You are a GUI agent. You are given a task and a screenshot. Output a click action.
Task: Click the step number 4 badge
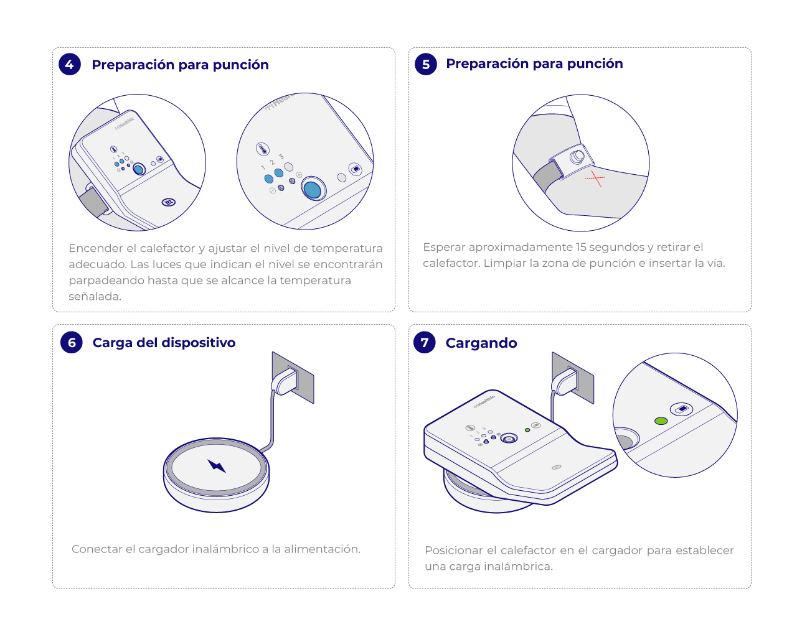(x=70, y=65)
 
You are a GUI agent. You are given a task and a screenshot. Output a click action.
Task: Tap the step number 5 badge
(x=425, y=65)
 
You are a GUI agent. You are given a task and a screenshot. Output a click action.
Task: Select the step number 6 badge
(x=72, y=342)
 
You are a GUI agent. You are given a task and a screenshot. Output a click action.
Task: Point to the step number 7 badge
(x=425, y=342)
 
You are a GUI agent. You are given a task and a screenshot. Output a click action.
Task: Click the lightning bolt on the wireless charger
(x=217, y=466)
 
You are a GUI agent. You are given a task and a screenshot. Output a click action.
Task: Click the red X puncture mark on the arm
(x=595, y=179)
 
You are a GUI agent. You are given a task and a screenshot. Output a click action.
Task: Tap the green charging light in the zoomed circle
(x=661, y=421)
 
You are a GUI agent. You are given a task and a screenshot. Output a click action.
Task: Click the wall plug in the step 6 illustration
(x=285, y=381)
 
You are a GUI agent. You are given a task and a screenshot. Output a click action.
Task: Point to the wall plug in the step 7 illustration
(x=565, y=382)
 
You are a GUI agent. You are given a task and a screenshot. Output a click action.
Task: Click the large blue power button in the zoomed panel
(x=313, y=188)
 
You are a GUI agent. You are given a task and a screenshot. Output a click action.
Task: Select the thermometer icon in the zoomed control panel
(x=263, y=149)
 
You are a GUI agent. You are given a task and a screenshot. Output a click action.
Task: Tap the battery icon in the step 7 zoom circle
(x=681, y=409)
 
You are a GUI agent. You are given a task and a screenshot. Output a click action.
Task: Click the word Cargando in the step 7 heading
(x=481, y=343)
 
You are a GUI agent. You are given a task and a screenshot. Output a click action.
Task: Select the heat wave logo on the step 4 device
(x=169, y=202)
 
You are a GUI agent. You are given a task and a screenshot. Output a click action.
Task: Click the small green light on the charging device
(x=527, y=430)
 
